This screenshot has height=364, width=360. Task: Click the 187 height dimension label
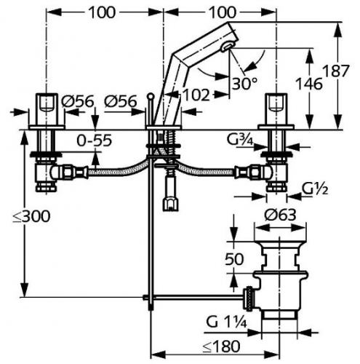[x=336, y=71]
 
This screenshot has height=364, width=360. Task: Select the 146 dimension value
[x=308, y=84]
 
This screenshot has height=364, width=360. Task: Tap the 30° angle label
[x=244, y=84]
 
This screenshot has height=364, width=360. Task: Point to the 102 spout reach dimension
[x=196, y=95]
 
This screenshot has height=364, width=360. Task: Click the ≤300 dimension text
[x=32, y=216]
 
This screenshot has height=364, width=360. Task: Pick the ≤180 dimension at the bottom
[x=221, y=347]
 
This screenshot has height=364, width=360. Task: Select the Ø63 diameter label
[x=281, y=215]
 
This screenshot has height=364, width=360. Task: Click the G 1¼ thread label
[x=227, y=323]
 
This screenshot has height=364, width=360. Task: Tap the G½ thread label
[x=315, y=189]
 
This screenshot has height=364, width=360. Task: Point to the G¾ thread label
[x=239, y=140]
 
